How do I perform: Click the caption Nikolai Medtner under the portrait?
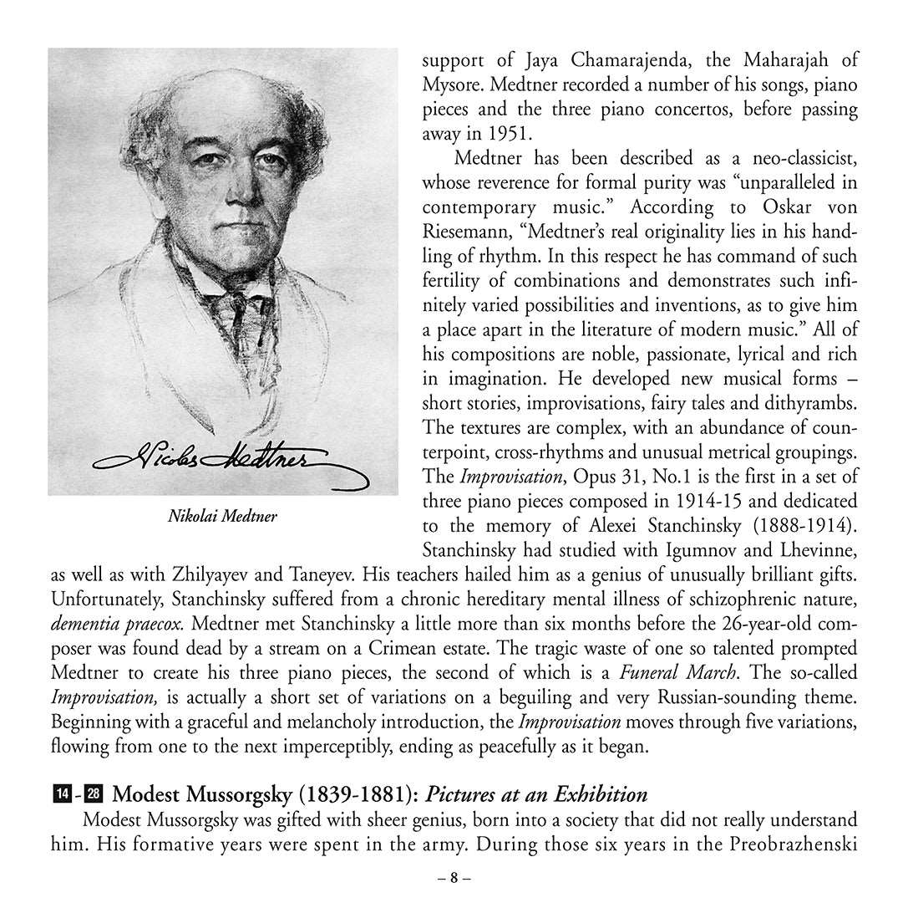pyautogui.click(x=222, y=517)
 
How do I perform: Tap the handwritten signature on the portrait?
pyautogui.click(x=222, y=458)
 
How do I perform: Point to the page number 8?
pyautogui.click(x=454, y=879)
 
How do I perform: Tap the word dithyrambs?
pyautogui.click(x=811, y=403)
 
